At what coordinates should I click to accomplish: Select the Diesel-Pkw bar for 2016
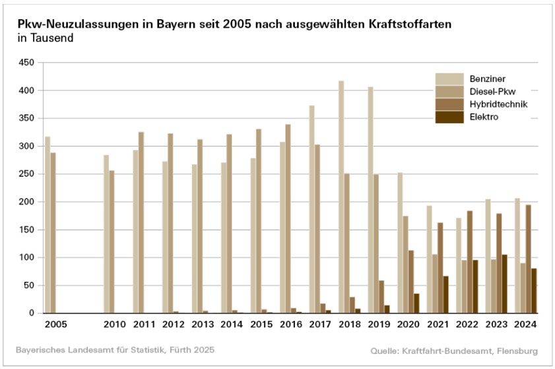[x=232, y=218]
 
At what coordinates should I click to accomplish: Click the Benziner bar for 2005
[x=48, y=224]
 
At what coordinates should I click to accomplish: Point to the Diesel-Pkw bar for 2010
[x=112, y=242]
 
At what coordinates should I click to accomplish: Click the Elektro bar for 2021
[x=445, y=294]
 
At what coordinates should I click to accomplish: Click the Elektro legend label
[x=484, y=117]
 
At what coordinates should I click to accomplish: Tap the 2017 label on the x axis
[x=319, y=324]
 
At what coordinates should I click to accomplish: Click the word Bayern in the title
[x=174, y=24]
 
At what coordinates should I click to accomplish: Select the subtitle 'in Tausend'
[x=46, y=38]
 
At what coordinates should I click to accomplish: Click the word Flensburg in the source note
[x=519, y=349]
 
